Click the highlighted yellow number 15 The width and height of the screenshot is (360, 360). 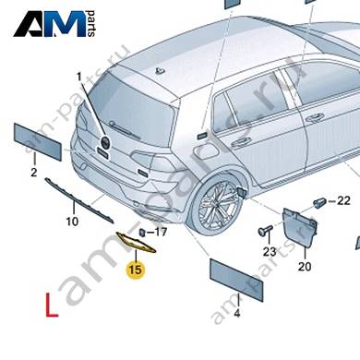[x=136, y=270]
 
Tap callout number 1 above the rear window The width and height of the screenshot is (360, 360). [x=79, y=78]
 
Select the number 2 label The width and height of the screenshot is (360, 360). [x=34, y=173]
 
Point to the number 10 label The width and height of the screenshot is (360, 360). [x=72, y=222]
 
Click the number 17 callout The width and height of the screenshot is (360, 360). [x=160, y=232]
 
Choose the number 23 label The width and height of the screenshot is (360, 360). [x=270, y=252]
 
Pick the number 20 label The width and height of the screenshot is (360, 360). [x=305, y=266]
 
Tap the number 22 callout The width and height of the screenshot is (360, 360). [x=343, y=200]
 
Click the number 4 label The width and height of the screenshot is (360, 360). [x=237, y=314]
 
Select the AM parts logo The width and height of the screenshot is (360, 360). [x=54, y=24]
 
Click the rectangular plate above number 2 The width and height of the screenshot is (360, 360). [x=38, y=141]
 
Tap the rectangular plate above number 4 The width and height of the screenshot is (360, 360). [x=236, y=280]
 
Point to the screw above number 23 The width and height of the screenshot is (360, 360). [x=265, y=230]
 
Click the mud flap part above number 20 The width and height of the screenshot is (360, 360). [x=299, y=226]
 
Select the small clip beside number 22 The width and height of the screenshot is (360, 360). [x=320, y=201]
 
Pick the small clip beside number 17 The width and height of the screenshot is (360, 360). [x=142, y=232]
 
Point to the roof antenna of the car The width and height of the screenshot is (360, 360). [x=159, y=71]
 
